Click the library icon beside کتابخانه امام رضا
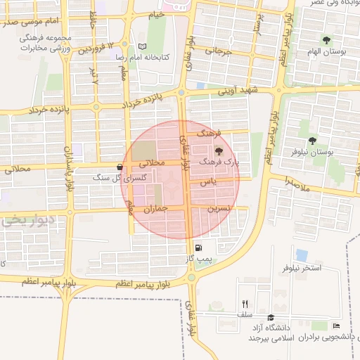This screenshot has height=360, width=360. pos(143,46)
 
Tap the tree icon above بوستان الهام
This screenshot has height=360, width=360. pos(326,40)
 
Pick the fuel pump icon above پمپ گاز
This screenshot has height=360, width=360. pos(198,247)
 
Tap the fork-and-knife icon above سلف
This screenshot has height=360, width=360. pos(245,304)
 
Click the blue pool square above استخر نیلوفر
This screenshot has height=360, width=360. pos(302,255)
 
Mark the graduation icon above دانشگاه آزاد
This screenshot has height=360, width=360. pos(271,317)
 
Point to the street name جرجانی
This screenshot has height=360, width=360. pos(217,51)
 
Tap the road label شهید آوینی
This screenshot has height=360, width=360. pos(238,90)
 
